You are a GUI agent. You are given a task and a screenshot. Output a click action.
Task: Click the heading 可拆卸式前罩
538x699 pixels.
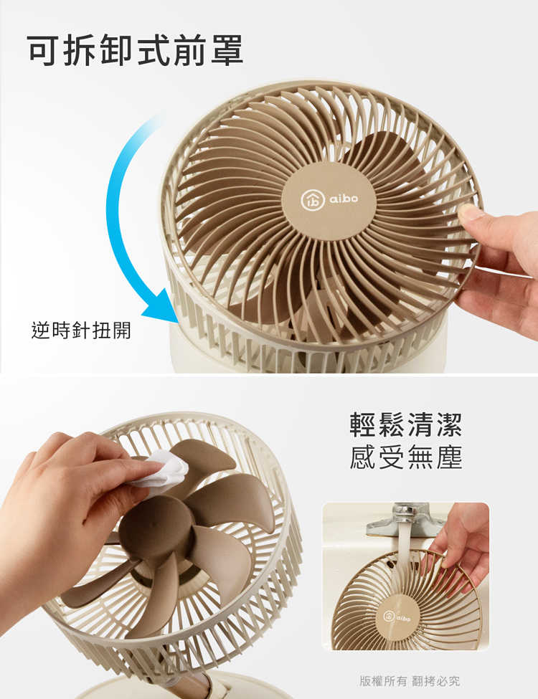pyautogui.click(x=136, y=49)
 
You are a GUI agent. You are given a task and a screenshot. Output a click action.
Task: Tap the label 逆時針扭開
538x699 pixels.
pyautogui.click(x=81, y=331)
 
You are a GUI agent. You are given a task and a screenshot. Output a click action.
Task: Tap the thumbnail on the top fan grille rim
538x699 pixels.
pyautogui.click(x=471, y=213)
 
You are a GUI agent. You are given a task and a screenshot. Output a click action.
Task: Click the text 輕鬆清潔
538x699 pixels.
pyautogui.click(x=406, y=424)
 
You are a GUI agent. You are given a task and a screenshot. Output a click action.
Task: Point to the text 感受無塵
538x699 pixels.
pyautogui.click(x=406, y=457)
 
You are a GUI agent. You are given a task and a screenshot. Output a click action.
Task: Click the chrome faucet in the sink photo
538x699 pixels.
pyautogui.click(x=405, y=519)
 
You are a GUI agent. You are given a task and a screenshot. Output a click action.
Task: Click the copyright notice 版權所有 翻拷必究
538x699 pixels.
pyautogui.click(x=410, y=680)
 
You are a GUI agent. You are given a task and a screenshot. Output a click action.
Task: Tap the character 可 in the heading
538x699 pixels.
pyautogui.click(x=44, y=49)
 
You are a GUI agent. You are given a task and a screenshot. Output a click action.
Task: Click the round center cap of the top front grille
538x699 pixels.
pyautogui.click(x=329, y=200)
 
